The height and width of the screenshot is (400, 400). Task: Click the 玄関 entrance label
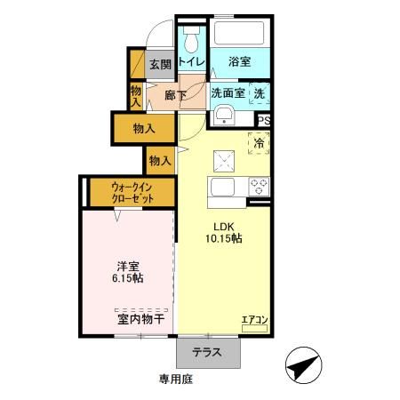159,63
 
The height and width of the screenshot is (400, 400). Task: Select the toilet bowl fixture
190,41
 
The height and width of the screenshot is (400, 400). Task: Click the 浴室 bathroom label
237,61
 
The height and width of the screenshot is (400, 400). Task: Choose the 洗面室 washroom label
228,92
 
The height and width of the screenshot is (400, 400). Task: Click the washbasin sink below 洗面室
223,114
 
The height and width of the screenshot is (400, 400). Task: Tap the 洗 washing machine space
259,92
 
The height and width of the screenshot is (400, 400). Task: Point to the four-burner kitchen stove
259,187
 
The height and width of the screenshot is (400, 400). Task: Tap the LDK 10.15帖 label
224,232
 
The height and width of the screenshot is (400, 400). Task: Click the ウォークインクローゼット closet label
132,193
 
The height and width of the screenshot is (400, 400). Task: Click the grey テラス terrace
209,351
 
